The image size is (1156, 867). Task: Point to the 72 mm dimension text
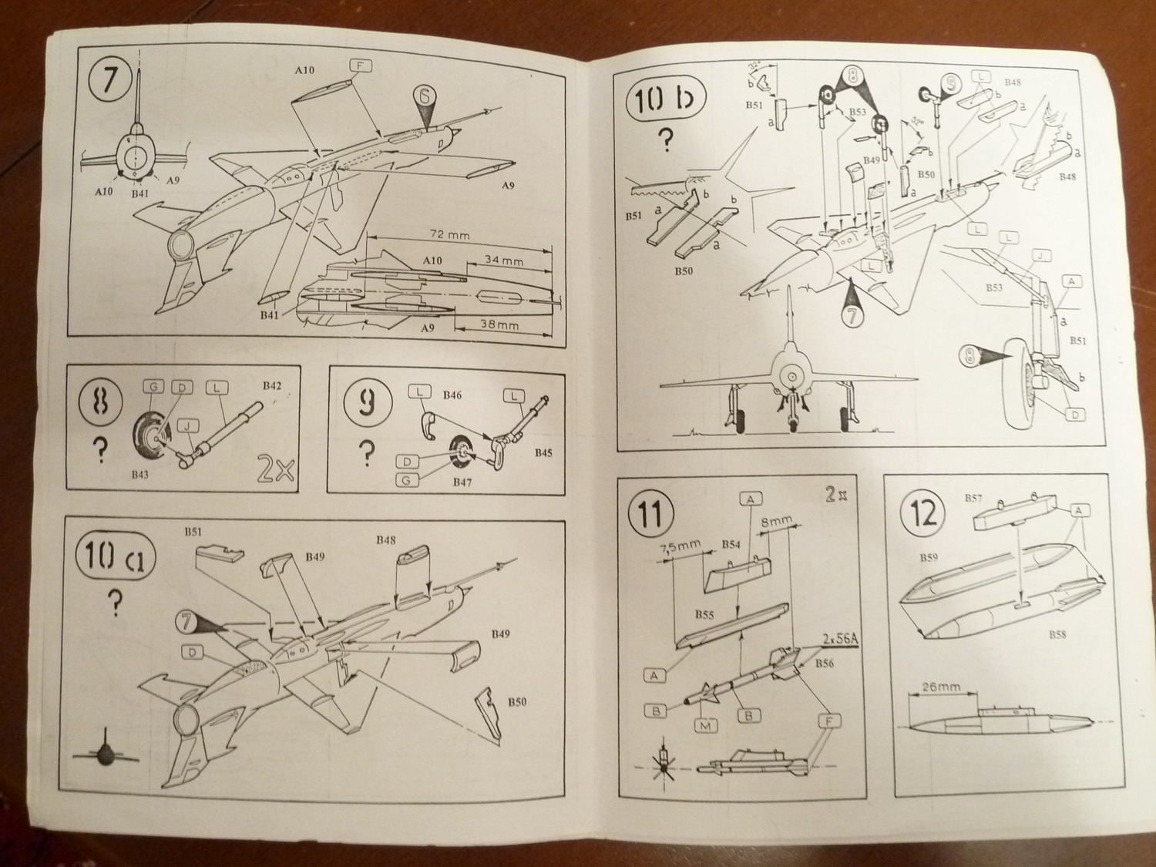coord(449,234)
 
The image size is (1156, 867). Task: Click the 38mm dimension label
coord(499,324)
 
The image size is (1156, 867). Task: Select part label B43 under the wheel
coord(139,475)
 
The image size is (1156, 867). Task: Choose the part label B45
coord(544,452)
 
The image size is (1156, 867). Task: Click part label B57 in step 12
coord(973,498)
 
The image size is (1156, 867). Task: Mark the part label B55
coord(703,615)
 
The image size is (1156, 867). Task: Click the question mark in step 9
coord(369,451)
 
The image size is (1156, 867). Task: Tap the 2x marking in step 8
coord(275,471)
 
